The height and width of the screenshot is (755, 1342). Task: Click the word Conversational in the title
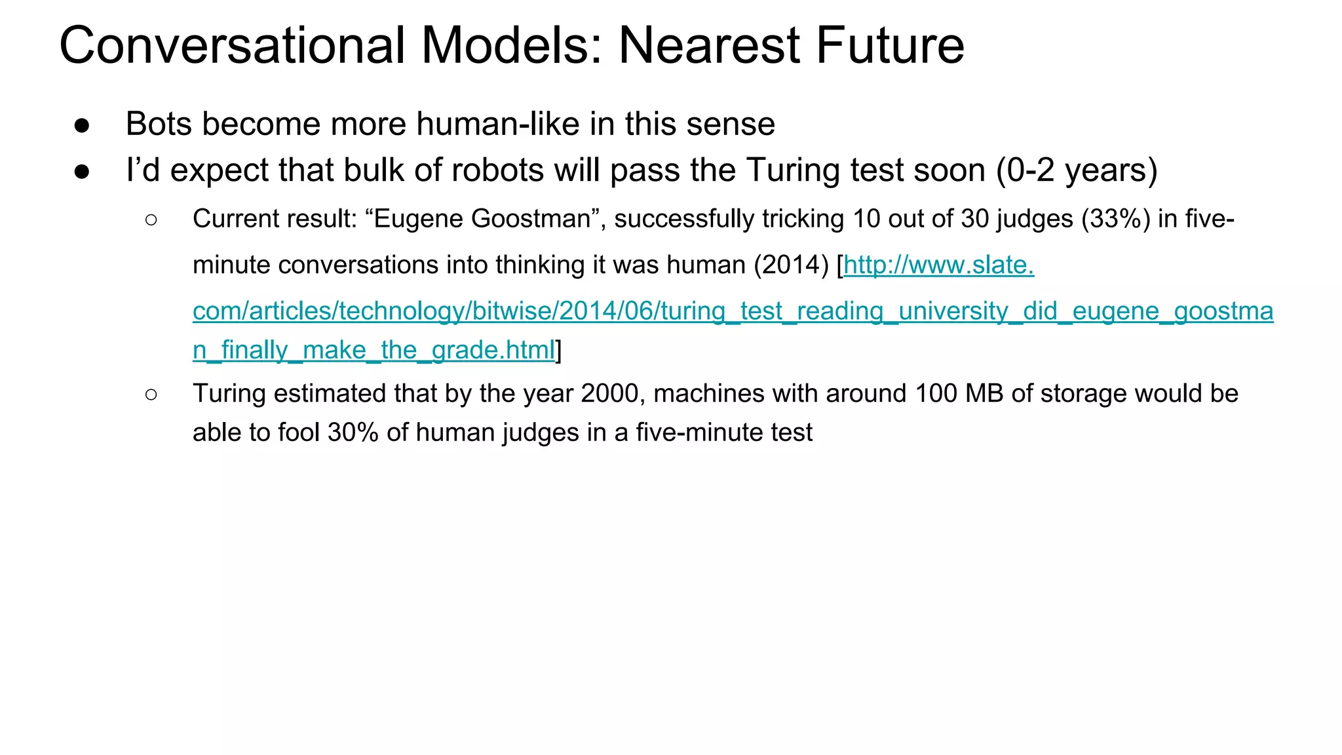233,46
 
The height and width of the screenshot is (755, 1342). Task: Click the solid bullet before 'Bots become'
82,125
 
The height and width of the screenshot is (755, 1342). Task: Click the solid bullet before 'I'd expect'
82,172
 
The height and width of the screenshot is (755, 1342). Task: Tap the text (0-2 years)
1077,170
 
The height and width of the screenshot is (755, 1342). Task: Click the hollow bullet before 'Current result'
151,220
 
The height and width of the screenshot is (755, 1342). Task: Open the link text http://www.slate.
938,265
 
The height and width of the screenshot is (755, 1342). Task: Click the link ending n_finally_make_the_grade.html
374,351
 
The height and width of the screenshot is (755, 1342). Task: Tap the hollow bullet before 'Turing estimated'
151,395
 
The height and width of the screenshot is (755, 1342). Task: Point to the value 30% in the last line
353,433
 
